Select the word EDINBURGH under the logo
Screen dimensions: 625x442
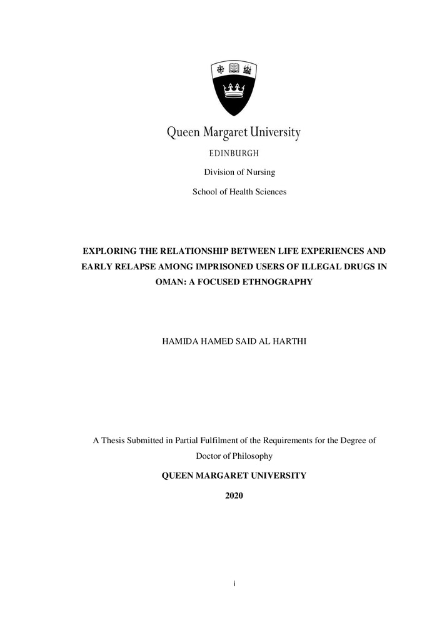[x=234, y=153]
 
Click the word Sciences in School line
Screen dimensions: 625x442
[x=269, y=192]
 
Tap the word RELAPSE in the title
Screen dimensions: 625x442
[x=133, y=267]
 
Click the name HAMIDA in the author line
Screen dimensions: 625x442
[x=181, y=342]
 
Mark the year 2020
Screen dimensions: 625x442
[x=234, y=496]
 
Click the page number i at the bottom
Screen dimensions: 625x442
[x=234, y=583]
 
